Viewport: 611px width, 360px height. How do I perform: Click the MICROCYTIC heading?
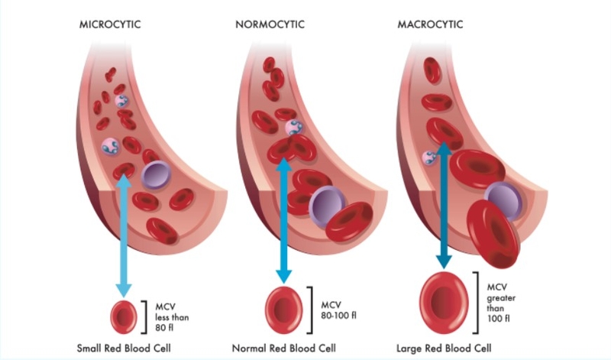tap(111, 24)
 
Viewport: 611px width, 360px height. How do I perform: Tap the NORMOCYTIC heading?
tap(270, 24)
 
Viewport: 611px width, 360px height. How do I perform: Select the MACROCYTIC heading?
tap(432, 24)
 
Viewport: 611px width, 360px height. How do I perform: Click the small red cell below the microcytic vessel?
tap(122, 314)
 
